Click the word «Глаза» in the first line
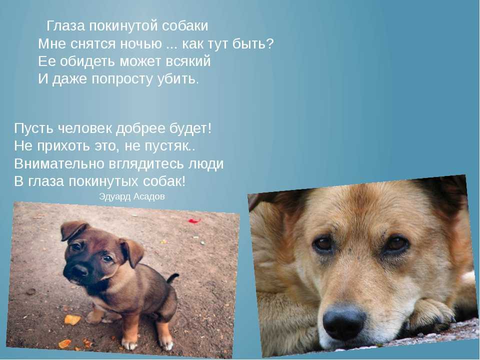click(65, 26)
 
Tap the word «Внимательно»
click(59, 164)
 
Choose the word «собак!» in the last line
click(164, 181)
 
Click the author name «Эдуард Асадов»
click(132, 196)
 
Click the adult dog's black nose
click(344, 321)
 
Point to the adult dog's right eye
click(396, 243)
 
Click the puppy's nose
click(79, 270)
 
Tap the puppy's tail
click(172, 278)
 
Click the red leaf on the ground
click(194, 220)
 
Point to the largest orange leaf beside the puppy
click(72, 319)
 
